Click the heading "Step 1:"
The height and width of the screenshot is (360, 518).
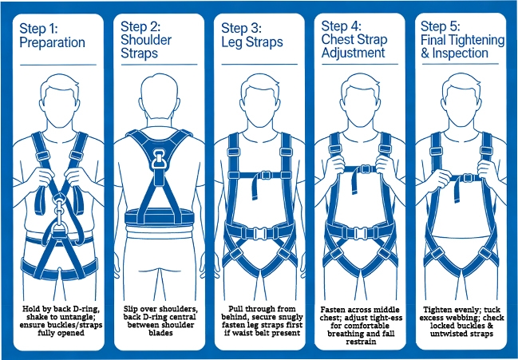tap(38, 29)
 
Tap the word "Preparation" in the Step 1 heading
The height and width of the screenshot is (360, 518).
tap(52, 43)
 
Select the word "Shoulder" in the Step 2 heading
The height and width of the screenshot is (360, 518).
tap(146, 40)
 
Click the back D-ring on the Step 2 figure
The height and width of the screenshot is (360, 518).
tap(160, 159)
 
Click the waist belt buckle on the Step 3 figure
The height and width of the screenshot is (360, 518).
tap(260, 234)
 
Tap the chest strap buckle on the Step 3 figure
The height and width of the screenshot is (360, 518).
tap(267, 175)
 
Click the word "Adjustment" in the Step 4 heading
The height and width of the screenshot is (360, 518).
tap(353, 53)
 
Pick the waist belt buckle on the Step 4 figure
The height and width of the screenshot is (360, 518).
tap(361, 234)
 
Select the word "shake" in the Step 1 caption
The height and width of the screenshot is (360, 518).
tap(36, 317)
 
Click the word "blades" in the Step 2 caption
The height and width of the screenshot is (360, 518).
tap(160, 333)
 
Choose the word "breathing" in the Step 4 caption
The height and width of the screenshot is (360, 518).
tap(344, 334)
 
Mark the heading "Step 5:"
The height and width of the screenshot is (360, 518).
tap(440, 26)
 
